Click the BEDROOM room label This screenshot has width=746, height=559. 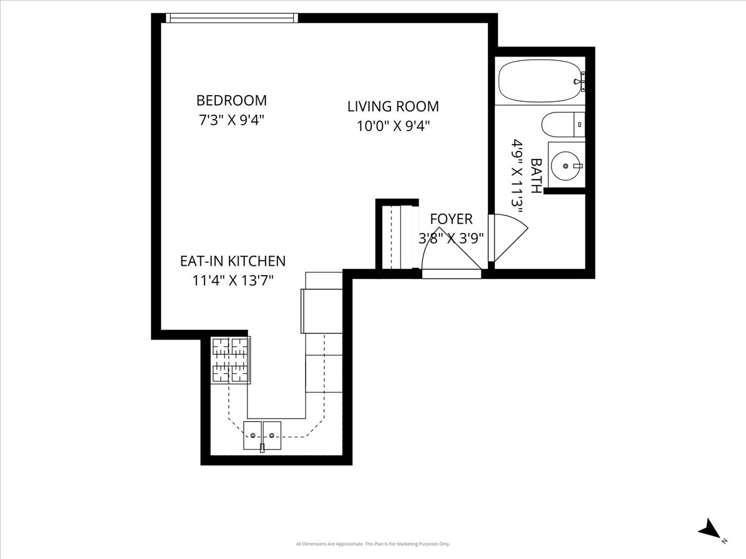coord(231,100)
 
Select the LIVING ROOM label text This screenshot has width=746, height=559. coord(393,106)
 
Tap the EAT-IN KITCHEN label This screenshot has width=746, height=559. coord(233,261)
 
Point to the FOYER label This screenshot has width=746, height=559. coord(451,219)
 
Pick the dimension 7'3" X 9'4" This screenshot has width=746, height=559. coord(231,120)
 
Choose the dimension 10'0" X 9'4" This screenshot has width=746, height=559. coord(393,126)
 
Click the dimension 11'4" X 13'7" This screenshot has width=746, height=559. coord(233,281)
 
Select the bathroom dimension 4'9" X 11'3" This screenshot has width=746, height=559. coord(515,175)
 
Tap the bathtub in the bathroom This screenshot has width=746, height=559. coord(540,81)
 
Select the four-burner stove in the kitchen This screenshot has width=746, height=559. coord(231,360)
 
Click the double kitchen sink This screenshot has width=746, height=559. coord(262,435)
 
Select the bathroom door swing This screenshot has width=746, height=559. coord(506,237)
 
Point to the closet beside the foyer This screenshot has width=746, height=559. coord(396,236)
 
